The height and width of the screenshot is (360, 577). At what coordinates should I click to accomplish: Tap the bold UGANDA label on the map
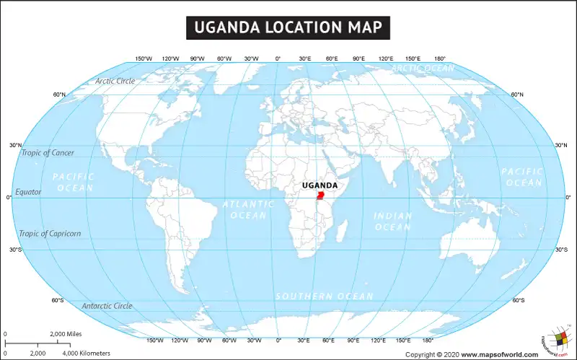[x=318, y=185]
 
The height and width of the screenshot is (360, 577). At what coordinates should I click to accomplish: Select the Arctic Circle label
[x=115, y=81]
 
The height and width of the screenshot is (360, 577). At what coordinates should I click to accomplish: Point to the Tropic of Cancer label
[x=47, y=152]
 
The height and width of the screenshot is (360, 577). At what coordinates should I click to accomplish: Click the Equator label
[x=29, y=192]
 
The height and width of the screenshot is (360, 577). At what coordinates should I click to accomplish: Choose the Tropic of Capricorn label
[x=50, y=233]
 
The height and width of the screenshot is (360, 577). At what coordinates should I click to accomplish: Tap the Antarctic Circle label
[x=107, y=306]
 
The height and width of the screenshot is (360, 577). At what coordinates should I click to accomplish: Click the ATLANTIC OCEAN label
[x=248, y=209]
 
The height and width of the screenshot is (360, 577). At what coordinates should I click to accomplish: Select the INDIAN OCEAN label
[x=392, y=221]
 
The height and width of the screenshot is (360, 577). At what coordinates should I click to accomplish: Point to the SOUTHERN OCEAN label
[x=325, y=297]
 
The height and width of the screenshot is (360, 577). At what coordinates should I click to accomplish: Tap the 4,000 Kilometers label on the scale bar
[x=86, y=353]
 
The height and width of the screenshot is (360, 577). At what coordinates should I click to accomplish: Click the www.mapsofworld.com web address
[x=499, y=354]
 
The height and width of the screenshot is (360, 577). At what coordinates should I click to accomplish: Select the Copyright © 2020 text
[x=432, y=354]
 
